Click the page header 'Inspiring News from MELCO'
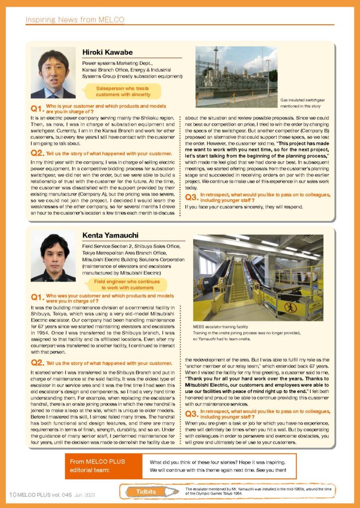click(x=74, y=20)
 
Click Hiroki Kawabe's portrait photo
click(x=53, y=72)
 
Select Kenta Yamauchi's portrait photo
click(x=53, y=256)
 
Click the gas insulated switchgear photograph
click(x=236, y=76)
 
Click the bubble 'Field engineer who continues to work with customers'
click(x=130, y=284)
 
